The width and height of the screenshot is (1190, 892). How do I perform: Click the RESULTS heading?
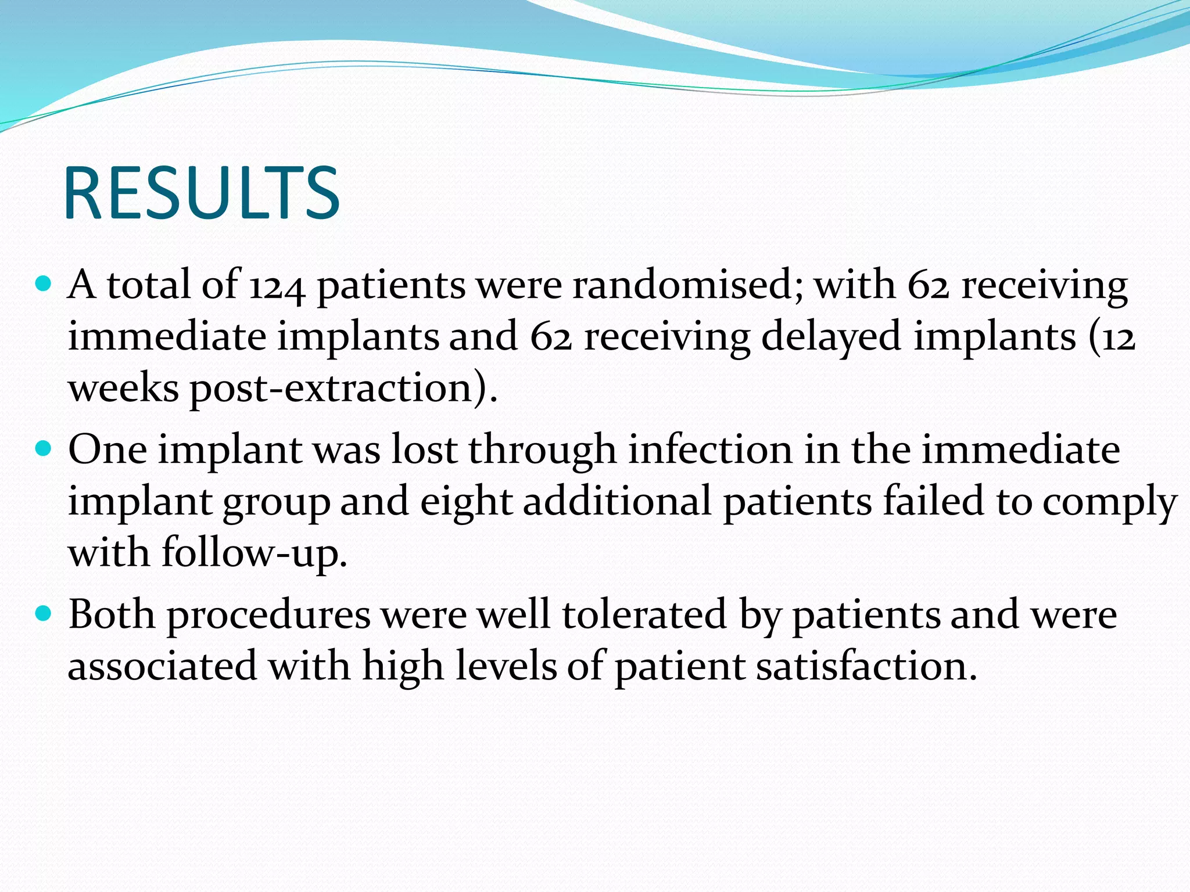pos(201,193)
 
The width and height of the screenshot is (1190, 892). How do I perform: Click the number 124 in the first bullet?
pos(277,286)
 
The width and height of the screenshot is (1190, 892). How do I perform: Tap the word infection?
pos(710,449)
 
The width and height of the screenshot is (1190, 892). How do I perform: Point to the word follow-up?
pos(254,553)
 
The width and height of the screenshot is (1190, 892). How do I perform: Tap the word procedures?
pos(268,615)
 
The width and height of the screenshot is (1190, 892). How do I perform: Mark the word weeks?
pos(123,388)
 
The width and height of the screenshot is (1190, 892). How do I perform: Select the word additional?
pos(617,501)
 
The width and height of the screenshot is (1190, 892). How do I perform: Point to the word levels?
pos(506,666)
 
